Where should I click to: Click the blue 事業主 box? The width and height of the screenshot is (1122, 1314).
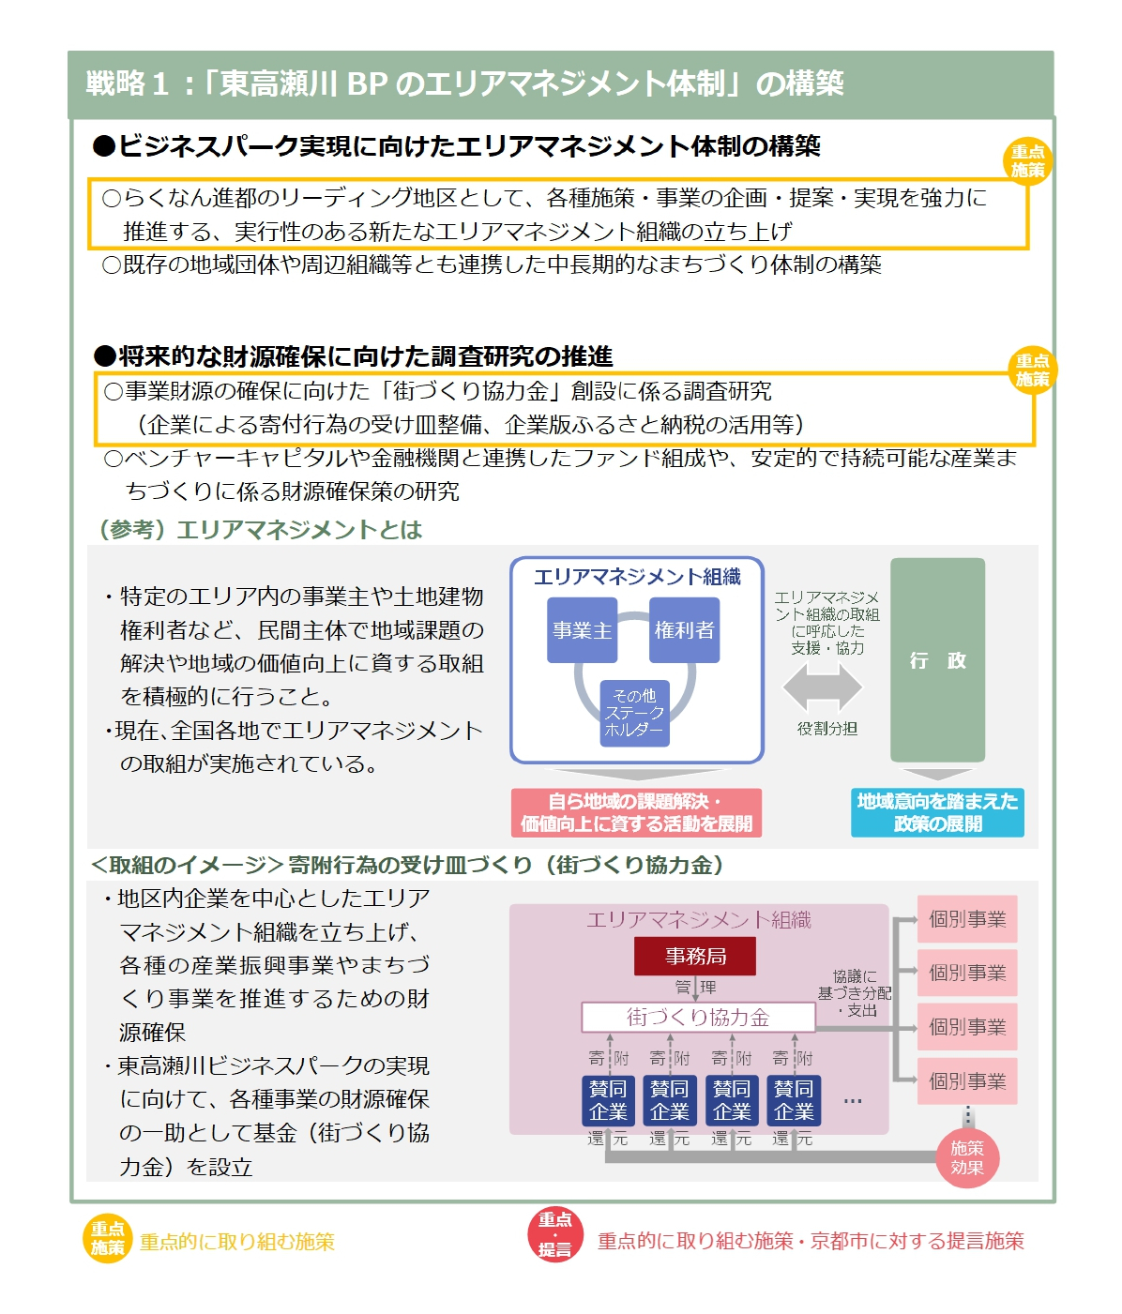(582, 630)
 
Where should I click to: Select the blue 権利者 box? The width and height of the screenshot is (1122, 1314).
(684, 630)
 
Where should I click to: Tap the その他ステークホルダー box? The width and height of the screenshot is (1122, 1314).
(634, 713)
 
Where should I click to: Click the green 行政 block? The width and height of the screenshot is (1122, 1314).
(937, 660)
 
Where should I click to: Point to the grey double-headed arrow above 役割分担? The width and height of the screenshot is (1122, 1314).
(823, 687)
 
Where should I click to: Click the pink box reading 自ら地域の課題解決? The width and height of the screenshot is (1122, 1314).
(636, 812)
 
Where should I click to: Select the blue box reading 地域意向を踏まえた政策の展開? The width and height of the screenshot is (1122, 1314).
(937, 812)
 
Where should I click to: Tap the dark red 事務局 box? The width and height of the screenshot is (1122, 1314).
(695, 957)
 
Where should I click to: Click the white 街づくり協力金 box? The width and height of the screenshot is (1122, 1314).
(698, 1018)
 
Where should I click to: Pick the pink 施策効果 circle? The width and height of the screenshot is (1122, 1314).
(967, 1157)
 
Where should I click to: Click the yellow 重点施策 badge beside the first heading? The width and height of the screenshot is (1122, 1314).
(1027, 161)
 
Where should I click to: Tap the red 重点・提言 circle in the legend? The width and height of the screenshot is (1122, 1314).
(554, 1234)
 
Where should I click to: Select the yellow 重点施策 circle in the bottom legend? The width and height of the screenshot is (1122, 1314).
(108, 1239)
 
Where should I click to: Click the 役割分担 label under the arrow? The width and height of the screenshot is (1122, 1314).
(826, 729)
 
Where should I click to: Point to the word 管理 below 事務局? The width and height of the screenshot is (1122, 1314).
(695, 987)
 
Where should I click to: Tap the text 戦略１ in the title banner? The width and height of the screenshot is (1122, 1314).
(127, 84)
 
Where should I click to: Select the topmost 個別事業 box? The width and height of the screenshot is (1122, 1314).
(967, 919)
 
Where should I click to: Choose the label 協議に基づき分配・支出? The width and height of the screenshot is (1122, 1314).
(854, 993)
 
